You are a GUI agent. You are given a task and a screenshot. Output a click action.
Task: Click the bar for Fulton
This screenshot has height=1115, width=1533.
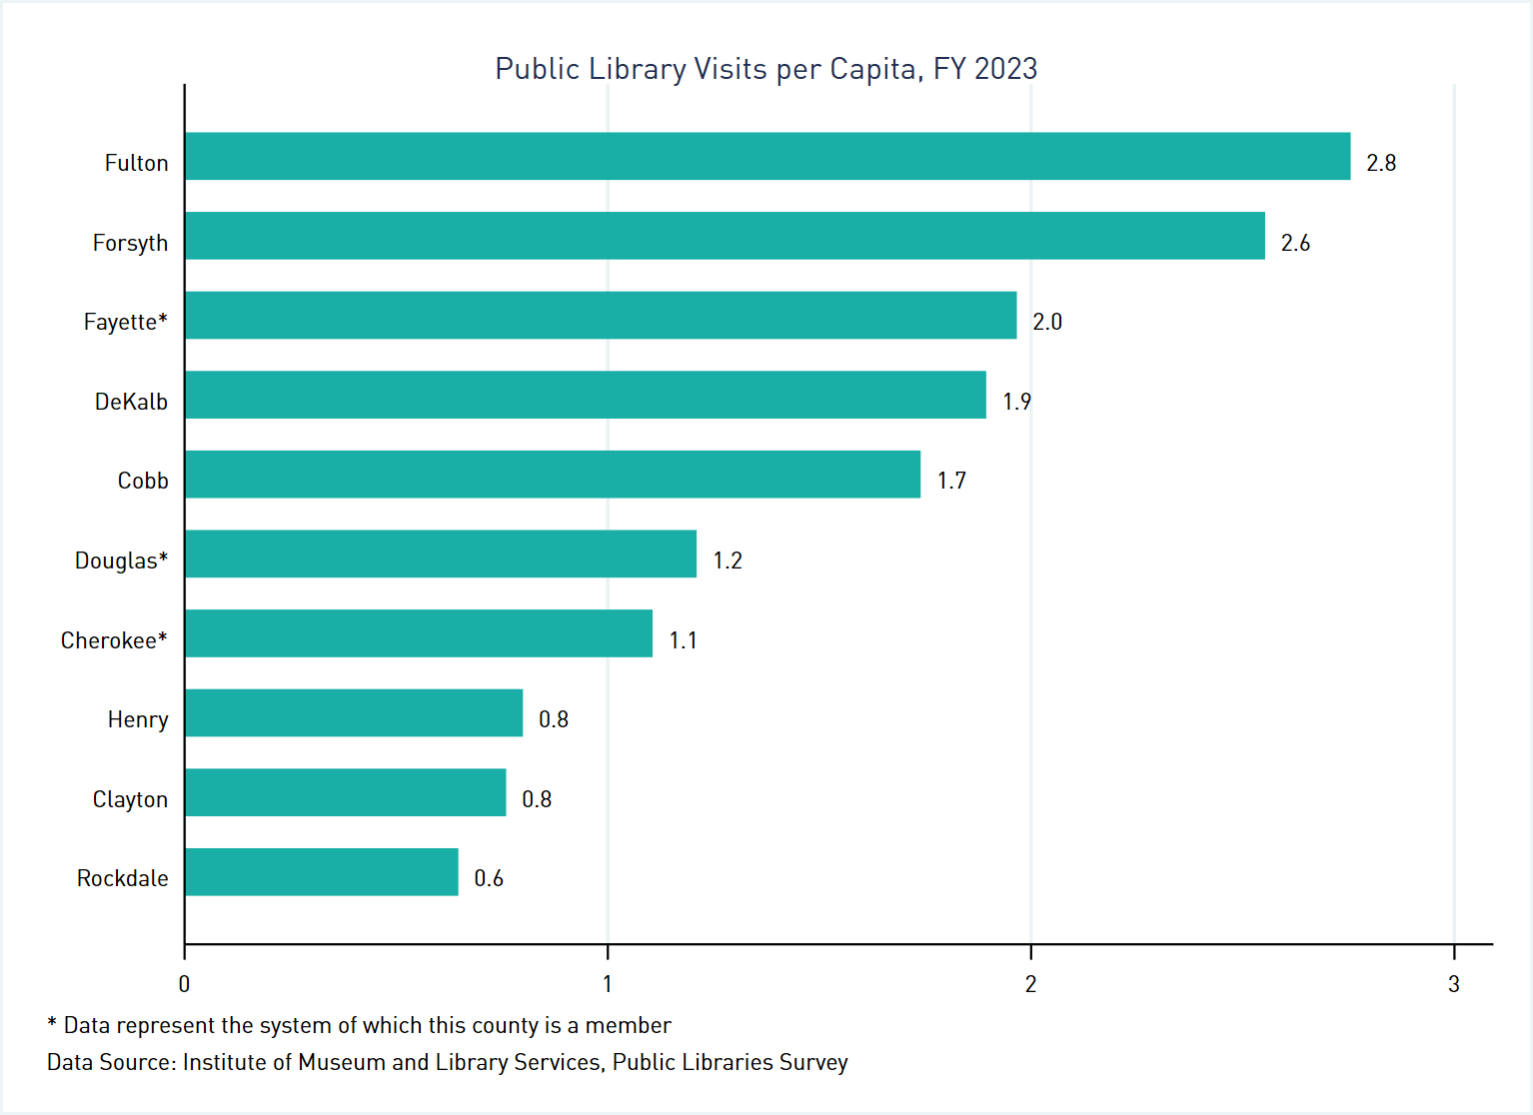coord(766,156)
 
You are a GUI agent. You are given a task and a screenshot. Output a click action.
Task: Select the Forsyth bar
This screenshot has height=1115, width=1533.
coord(725,236)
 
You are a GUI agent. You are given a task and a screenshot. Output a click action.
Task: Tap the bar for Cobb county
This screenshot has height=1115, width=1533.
coord(552,475)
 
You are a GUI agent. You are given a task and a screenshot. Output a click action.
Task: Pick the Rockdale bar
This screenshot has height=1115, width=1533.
coord(321,872)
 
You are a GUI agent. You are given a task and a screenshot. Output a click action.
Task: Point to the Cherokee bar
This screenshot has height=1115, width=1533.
coord(418,633)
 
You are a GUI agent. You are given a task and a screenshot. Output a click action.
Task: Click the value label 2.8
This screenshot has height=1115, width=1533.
coord(1380,163)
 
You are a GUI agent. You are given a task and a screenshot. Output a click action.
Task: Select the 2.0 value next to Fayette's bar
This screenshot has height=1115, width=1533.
coord(1046,322)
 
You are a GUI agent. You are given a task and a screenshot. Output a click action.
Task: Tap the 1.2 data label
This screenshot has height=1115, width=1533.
coord(727,560)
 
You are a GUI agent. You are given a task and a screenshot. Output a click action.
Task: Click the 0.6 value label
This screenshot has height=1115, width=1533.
coord(488,878)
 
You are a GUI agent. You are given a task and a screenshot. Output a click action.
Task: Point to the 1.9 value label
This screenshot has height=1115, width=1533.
coord(1016,402)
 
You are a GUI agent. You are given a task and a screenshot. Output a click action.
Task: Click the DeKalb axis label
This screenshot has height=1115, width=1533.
coord(131,402)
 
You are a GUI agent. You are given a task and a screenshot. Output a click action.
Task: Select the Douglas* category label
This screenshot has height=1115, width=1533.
coord(121,560)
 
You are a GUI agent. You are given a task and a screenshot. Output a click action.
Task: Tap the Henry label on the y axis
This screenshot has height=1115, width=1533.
coord(138,719)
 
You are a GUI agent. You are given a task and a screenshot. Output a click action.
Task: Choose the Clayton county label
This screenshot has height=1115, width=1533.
coord(130,799)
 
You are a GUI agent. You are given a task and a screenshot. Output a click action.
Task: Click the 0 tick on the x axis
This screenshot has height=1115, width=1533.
coord(184,984)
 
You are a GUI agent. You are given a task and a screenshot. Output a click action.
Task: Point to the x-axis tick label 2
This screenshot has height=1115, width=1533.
coord(1030,984)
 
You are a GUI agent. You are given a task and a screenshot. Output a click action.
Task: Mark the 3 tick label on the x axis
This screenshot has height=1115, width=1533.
coord(1453,984)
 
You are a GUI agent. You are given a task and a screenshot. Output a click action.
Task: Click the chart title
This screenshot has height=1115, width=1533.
coord(766,69)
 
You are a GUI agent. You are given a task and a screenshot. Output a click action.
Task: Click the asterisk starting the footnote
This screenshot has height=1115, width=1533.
coord(52,1024)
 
